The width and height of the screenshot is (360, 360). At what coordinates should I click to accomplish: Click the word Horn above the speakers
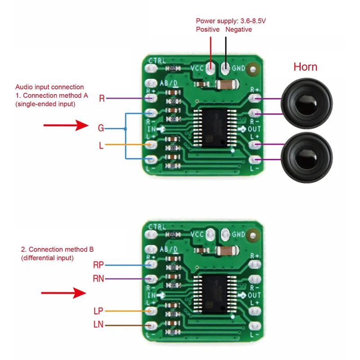(305, 67)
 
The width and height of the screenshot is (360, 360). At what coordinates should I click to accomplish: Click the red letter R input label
(102, 99)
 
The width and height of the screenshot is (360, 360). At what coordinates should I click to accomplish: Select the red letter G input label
(101, 128)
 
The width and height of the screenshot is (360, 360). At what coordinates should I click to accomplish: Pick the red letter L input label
(101, 145)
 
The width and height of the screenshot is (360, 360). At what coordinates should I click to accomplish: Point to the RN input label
(99, 279)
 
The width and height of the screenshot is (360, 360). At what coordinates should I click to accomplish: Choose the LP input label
(99, 310)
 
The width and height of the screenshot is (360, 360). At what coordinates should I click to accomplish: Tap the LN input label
(99, 324)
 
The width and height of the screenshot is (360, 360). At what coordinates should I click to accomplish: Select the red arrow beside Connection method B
(63, 293)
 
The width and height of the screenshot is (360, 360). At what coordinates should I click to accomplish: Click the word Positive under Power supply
(207, 29)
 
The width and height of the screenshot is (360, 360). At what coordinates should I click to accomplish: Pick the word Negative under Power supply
(238, 29)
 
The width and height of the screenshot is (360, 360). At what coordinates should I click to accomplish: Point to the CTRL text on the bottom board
(157, 227)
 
